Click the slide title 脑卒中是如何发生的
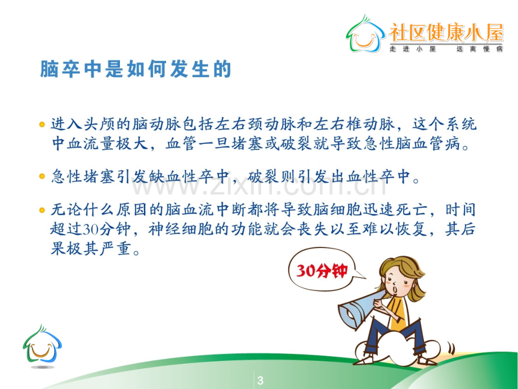click(136, 69)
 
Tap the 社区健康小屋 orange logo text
click(446, 33)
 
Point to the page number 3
click(260, 380)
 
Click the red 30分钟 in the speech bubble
click(321, 271)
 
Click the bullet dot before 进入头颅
click(42, 125)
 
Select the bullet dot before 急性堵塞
click(42, 176)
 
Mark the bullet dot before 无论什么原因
click(42, 210)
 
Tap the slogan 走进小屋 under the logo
click(413, 49)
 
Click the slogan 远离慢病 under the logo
click(480, 49)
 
